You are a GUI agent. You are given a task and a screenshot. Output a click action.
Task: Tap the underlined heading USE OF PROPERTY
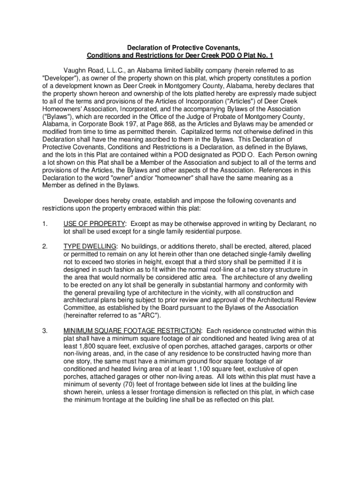point(94,223)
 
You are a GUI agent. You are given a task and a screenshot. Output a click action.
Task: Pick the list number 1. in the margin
point(44,223)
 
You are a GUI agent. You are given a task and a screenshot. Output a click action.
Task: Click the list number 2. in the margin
point(44,246)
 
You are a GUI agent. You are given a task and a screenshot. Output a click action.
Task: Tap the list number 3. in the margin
point(44,330)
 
